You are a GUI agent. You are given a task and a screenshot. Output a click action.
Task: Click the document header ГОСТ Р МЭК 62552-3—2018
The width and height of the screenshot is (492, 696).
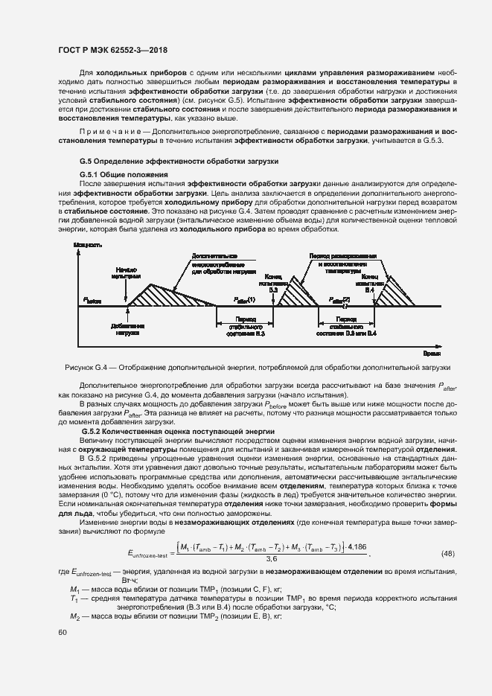(112, 50)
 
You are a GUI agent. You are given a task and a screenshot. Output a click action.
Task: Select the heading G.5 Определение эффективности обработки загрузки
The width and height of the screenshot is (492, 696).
(179, 161)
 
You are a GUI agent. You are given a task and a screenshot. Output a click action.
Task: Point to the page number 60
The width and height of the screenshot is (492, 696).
(63, 633)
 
